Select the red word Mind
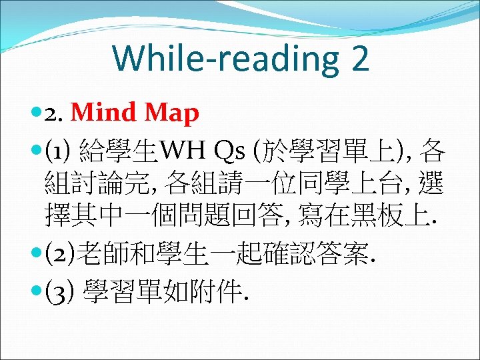[x=103, y=114]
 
